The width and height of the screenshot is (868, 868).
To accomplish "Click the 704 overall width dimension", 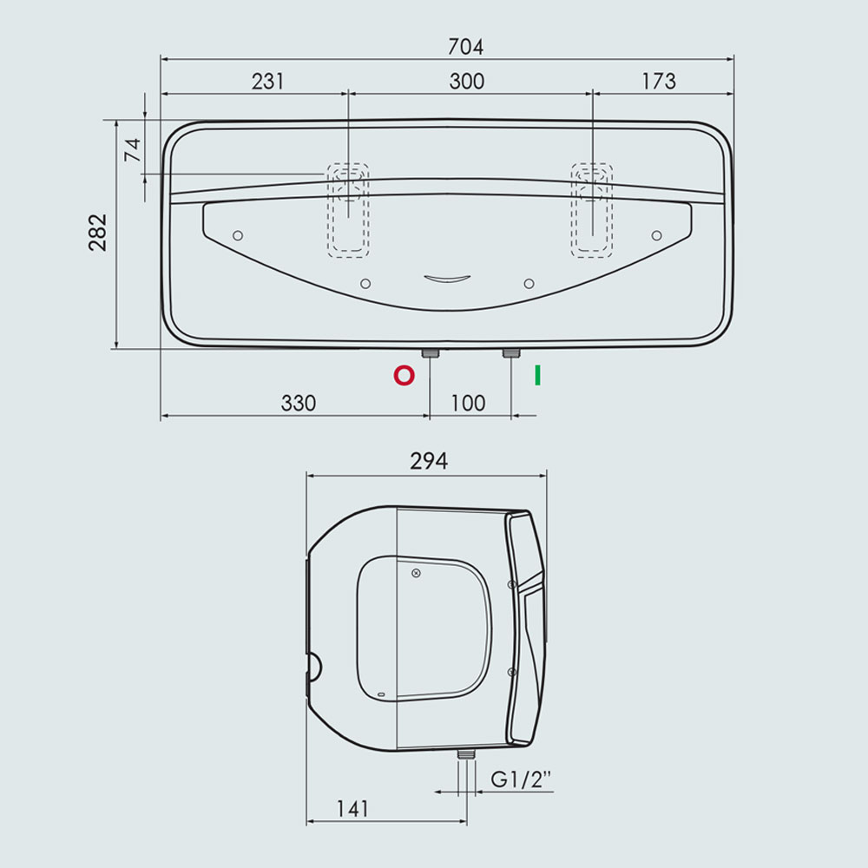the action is tap(465, 47).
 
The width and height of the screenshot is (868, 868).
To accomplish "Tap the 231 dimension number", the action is tap(268, 82).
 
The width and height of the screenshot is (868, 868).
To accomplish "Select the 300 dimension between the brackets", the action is tap(467, 82).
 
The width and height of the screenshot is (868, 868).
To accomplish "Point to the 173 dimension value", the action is tap(659, 82).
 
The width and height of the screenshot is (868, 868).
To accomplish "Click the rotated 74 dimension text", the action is tap(133, 150).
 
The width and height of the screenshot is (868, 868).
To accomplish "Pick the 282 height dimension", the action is tap(98, 233).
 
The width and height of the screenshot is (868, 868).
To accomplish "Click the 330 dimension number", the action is tap(299, 403).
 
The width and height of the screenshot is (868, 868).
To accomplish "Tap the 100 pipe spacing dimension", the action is tap(468, 403).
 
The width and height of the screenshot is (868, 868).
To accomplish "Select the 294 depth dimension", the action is tap(429, 461).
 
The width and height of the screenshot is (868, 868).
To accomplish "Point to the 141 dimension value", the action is tap(352, 809).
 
